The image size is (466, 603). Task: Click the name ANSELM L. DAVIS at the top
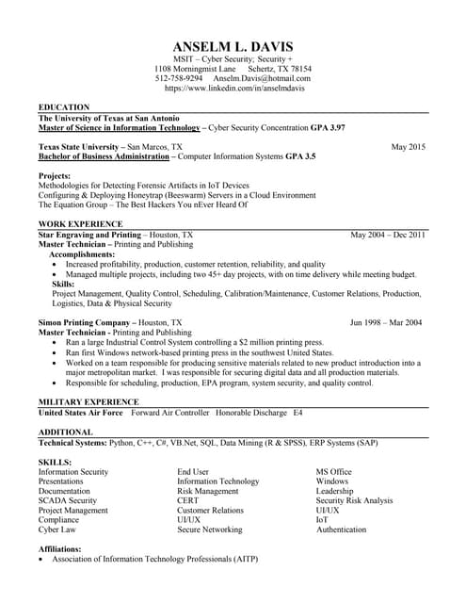tap(233, 46)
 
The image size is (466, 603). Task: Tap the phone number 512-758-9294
tap(179, 78)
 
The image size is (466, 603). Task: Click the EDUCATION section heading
tap(64, 107)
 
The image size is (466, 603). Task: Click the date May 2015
tap(409, 147)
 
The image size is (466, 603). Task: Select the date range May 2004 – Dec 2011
tap(388, 235)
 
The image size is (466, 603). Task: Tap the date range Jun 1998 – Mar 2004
tap(386, 322)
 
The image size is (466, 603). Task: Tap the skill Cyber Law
tap(58, 530)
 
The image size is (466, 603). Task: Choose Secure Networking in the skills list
tap(209, 530)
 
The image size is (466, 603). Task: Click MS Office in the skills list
tap(333, 471)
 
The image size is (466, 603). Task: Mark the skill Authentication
tap(341, 530)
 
